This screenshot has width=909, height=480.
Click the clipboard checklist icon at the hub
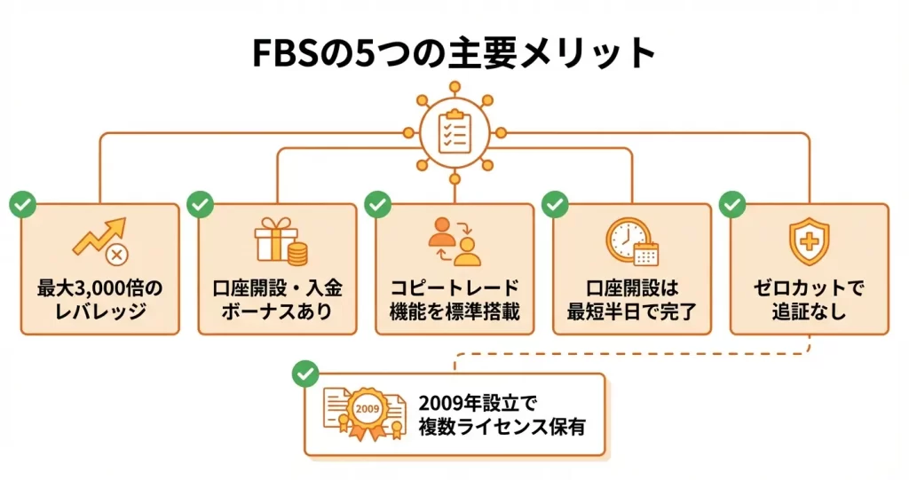coord(454,131)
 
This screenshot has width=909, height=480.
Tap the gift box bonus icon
coord(278,240)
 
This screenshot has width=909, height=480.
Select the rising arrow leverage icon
coord(99,240)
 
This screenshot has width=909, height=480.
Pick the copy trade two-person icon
coord(454,240)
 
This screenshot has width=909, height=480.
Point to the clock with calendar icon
coord(631,240)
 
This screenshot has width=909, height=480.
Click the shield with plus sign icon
coord(809,239)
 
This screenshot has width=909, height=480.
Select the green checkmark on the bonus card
coord(201,205)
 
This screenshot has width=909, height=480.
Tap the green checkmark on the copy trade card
coord(378,205)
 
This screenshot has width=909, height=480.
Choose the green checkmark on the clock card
coord(556,205)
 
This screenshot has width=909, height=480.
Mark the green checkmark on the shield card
coord(732,205)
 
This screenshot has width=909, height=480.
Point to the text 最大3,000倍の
coord(100,289)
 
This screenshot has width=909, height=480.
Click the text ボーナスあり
coord(278,312)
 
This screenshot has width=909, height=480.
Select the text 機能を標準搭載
coord(454,312)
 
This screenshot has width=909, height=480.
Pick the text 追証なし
coord(809,312)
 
